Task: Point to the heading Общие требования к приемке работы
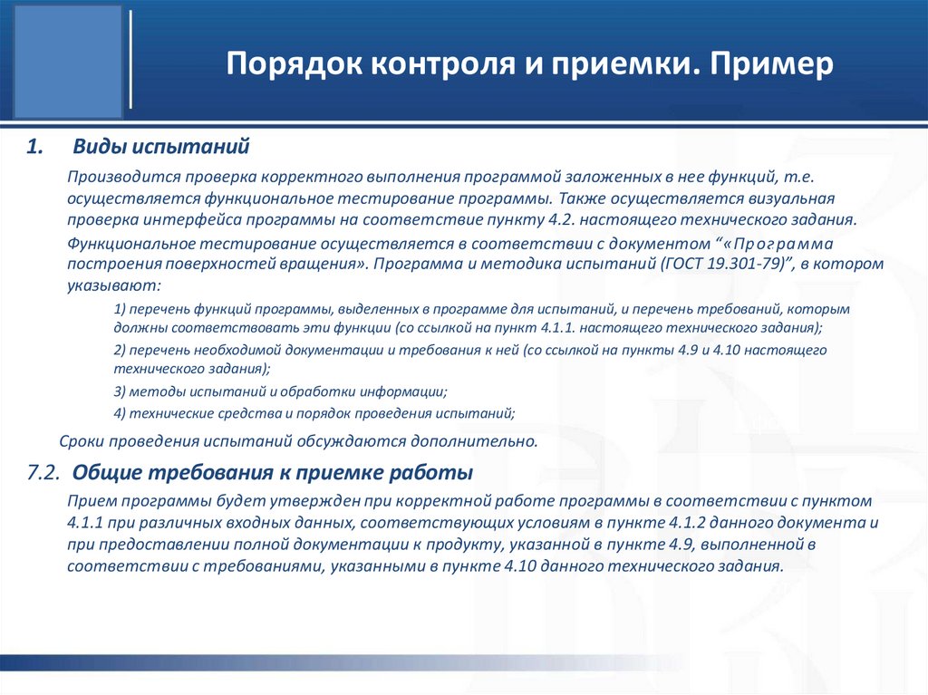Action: pos(272,473)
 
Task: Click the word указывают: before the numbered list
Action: pos(113,285)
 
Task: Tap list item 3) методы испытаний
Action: pos(281,391)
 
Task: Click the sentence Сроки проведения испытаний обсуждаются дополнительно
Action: pos(298,442)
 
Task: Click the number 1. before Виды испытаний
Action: pos(34,146)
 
